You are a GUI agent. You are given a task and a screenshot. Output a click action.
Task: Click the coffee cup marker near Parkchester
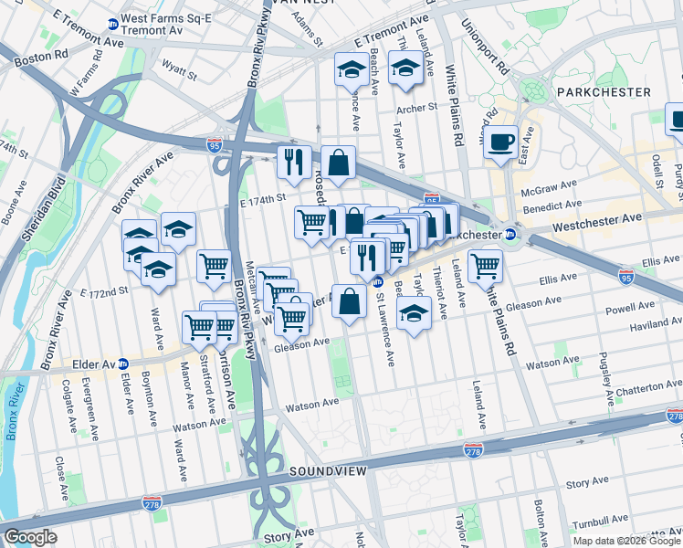(x=501, y=142)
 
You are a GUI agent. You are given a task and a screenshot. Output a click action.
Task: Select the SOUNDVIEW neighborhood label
(x=328, y=471)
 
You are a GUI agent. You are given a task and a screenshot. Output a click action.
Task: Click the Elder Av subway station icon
(x=124, y=364)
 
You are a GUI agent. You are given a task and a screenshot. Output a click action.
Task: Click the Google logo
(x=30, y=537)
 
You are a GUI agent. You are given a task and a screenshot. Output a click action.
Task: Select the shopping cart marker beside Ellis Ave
(x=485, y=267)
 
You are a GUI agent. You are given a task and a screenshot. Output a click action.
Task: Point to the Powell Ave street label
(x=630, y=308)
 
